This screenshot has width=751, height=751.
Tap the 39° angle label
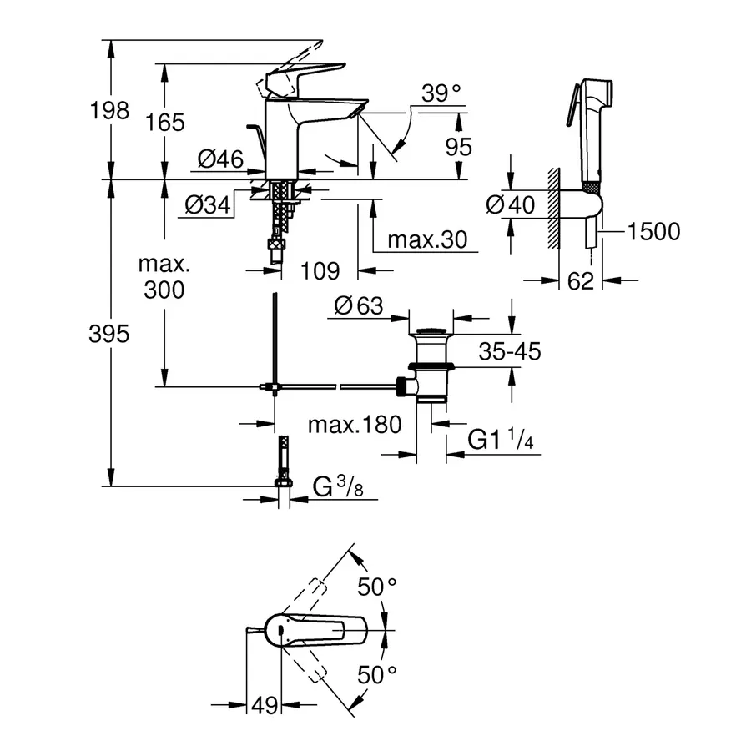441,94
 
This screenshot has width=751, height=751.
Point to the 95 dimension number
458,147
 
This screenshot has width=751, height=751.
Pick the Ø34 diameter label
207,204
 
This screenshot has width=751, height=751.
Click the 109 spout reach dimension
320,270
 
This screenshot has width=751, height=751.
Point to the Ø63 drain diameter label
359,306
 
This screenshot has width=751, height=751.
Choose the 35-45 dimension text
510,351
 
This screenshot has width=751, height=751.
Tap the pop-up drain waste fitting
430,367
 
